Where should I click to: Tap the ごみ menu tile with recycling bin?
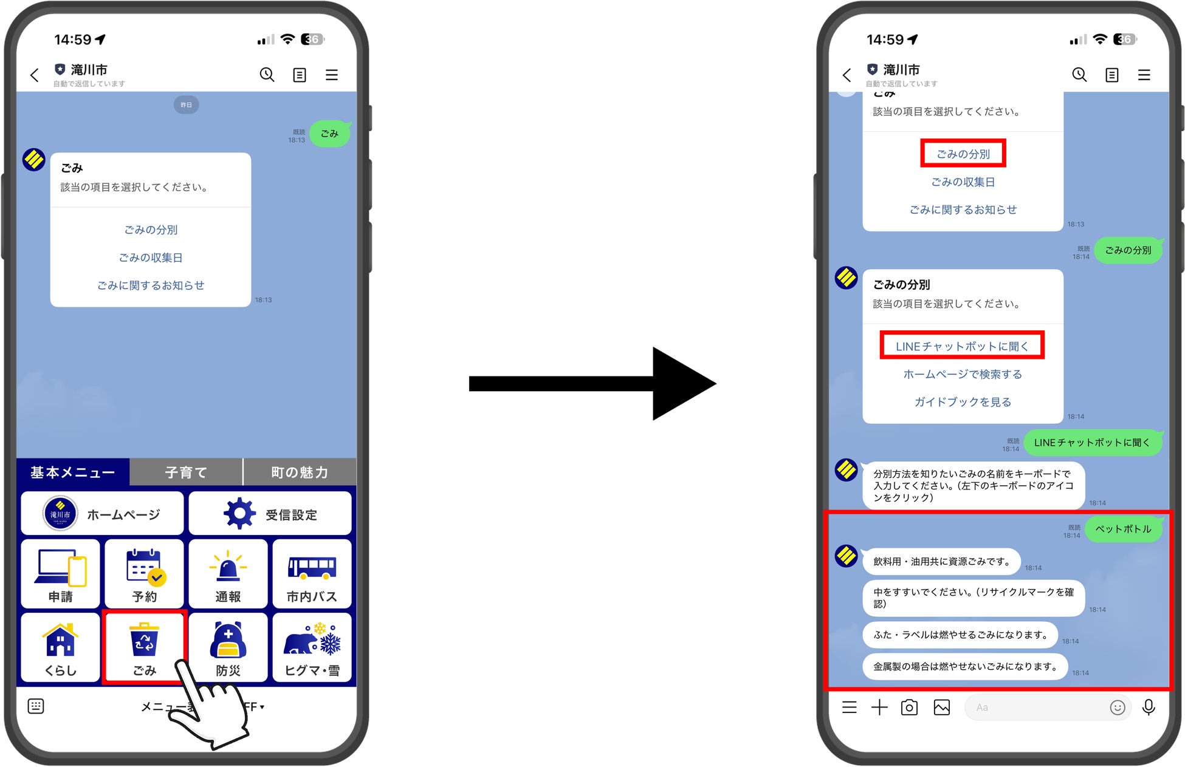tap(144, 647)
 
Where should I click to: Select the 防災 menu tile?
tap(228, 647)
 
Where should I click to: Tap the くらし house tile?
tap(60, 647)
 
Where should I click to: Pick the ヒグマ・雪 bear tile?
tap(312, 647)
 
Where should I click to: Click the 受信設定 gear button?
tap(270, 514)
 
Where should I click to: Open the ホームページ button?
tap(102, 514)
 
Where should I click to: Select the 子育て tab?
tap(186, 472)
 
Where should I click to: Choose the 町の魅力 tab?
tap(300, 472)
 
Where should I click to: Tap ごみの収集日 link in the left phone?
tap(151, 257)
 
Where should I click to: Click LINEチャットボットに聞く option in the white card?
tap(962, 346)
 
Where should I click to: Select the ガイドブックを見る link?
tap(963, 402)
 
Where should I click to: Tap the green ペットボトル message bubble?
tap(1123, 529)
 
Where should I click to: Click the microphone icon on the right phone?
tap(1149, 707)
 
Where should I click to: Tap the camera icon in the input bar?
tap(909, 707)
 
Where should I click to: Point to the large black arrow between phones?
tap(592, 384)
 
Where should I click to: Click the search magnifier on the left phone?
tap(267, 75)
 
